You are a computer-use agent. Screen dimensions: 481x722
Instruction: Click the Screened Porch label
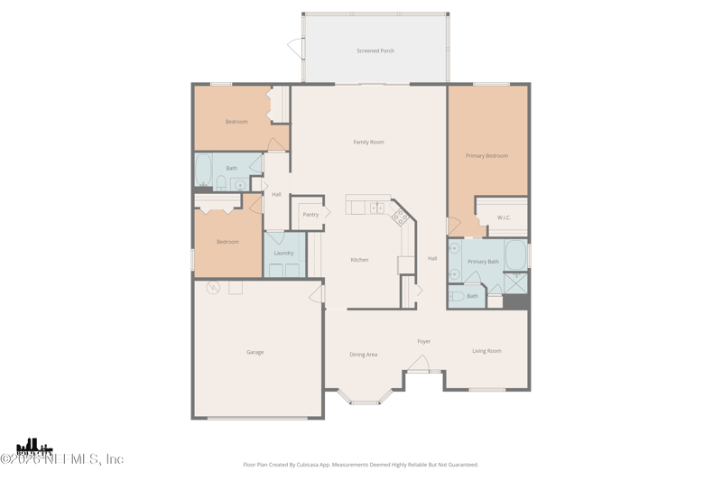point(375,51)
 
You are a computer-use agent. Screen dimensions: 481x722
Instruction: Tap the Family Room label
point(368,143)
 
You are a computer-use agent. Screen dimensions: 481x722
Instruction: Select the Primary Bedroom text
point(486,156)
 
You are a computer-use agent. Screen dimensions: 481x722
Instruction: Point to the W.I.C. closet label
point(504,217)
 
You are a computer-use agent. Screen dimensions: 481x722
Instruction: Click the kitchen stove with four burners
point(400,217)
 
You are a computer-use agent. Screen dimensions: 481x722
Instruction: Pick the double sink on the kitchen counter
point(377,208)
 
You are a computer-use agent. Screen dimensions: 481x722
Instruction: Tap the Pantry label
point(310,215)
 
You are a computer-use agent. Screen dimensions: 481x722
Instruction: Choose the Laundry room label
point(283,254)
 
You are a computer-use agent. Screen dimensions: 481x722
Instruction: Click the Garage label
point(255,353)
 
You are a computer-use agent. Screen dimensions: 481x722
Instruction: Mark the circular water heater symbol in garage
point(213,288)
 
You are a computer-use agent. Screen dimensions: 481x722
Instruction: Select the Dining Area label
point(363,355)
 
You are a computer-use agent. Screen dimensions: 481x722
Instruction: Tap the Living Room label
point(486,351)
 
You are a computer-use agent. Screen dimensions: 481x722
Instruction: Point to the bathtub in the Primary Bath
point(515,254)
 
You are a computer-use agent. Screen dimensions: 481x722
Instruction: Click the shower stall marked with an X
point(516,282)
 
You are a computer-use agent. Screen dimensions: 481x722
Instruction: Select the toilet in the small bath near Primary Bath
point(457,296)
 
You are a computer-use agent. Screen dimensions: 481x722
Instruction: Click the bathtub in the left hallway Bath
point(203,169)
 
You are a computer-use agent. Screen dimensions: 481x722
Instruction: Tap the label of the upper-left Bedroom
point(236,122)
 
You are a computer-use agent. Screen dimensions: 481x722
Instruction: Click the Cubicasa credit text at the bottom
point(361,465)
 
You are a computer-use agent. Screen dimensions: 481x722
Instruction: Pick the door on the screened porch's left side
point(296,49)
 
